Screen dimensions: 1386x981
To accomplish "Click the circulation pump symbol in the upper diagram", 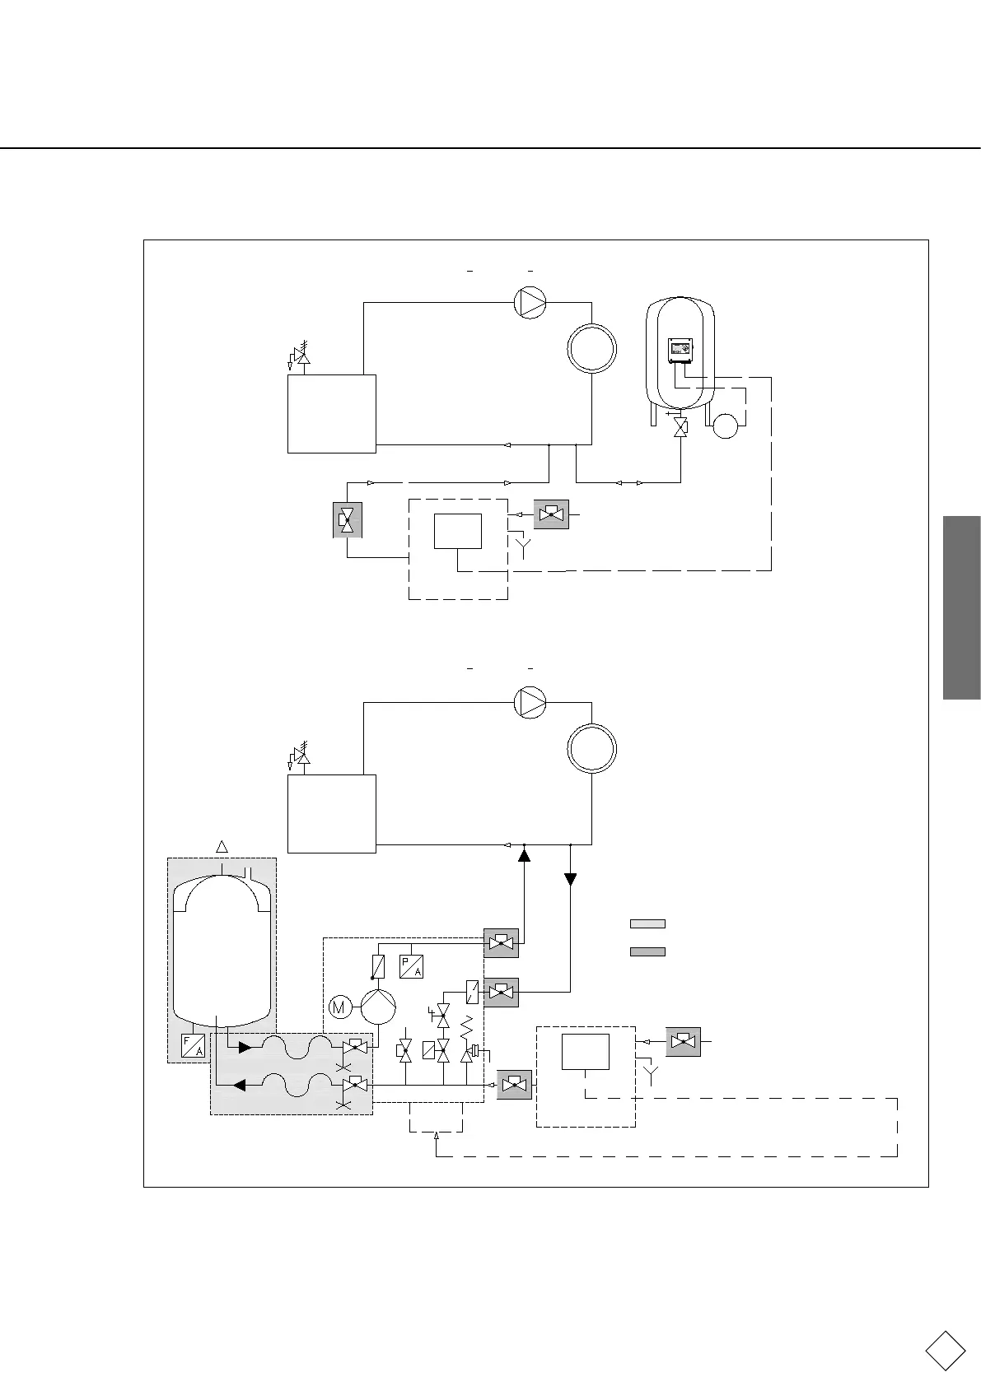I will (x=530, y=303).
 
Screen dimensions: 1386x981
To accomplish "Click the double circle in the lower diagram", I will (x=591, y=748).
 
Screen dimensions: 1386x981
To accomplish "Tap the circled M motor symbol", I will (x=339, y=1006).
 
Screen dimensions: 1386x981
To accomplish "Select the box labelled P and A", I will (x=411, y=966).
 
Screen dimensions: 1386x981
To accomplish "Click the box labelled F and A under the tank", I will (x=193, y=1046).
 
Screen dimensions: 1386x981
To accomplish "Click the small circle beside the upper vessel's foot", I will (x=725, y=426).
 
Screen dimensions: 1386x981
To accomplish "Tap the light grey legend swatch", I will (x=647, y=923).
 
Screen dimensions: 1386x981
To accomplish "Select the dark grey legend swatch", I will (x=647, y=951).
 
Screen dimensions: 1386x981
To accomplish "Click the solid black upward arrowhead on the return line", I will (x=523, y=856).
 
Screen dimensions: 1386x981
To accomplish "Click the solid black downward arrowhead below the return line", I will (x=570, y=880).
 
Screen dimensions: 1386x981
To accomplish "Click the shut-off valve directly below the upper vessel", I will (x=680, y=427).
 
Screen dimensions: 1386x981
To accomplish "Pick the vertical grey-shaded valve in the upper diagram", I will (x=347, y=519).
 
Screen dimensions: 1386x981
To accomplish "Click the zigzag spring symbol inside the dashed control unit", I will (x=465, y=1027).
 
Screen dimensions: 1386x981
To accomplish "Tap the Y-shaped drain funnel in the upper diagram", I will (x=521, y=542).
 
